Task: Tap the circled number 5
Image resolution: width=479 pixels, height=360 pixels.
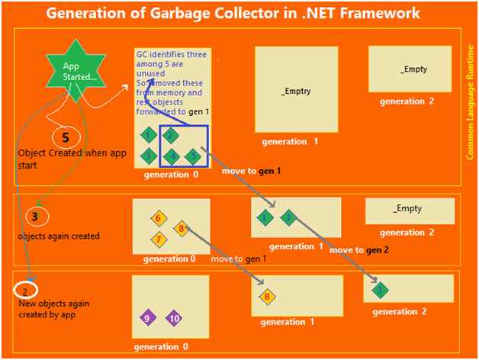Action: pos(66,138)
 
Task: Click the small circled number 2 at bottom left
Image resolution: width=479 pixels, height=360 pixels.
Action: pos(25,291)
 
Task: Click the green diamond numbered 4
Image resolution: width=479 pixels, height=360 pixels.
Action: pos(173,156)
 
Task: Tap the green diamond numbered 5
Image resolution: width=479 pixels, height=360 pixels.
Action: pos(194,156)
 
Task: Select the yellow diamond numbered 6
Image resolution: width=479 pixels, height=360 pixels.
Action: pos(158,218)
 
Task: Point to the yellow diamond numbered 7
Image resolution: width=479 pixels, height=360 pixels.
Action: pos(159,239)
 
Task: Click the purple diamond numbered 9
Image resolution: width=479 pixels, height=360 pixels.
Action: pos(147,317)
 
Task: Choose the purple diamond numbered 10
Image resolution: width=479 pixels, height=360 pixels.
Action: pos(173,317)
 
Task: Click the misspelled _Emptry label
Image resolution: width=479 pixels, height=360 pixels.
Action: pos(296,91)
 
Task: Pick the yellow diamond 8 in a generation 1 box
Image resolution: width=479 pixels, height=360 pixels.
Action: pos(267,297)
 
